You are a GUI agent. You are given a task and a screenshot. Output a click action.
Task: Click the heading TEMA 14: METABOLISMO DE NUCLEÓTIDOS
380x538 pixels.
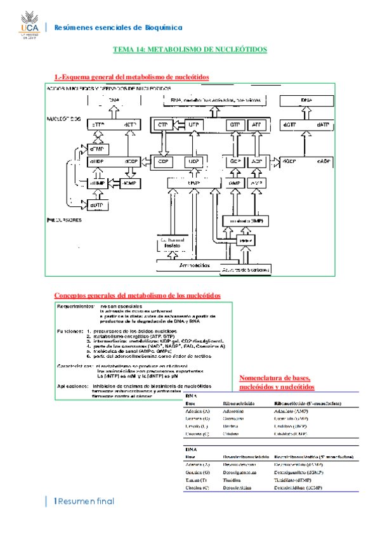click(x=190, y=49)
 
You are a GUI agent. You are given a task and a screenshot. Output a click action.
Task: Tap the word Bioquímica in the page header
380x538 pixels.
click(x=161, y=27)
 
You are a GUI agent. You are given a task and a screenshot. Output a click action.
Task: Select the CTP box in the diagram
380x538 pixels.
click(x=163, y=126)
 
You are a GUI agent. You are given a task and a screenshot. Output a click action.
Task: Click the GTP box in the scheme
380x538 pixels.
click(x=235, y=126)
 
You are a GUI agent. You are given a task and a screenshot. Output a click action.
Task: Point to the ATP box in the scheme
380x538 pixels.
click(x=256, y=126)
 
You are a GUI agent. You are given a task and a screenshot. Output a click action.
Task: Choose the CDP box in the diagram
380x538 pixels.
click(x=163, y=161)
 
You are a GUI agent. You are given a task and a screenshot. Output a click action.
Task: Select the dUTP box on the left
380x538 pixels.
click(x=96, y=206)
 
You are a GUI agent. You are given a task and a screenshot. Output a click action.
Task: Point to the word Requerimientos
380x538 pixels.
click(x=75, y=306)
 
